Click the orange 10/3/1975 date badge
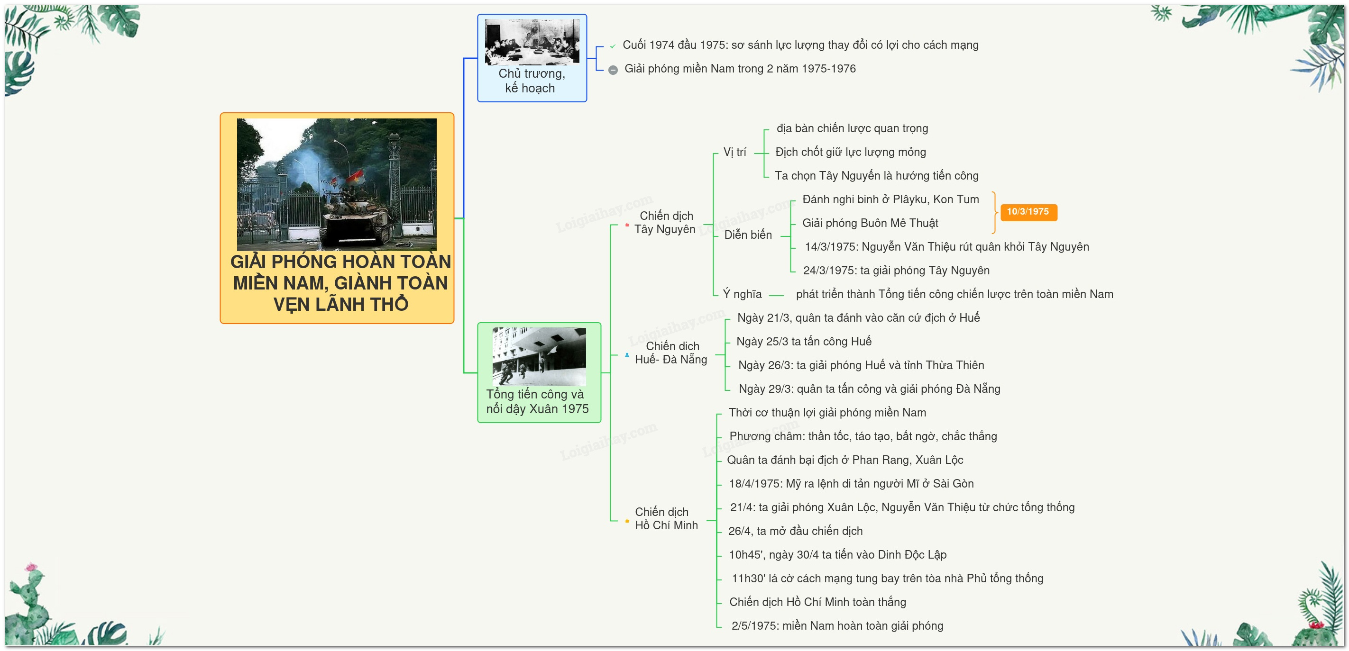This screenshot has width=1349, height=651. click(1028, 212)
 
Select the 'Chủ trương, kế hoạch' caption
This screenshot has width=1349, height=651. click(532, 81)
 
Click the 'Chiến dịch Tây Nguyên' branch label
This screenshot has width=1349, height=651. click(665, 222)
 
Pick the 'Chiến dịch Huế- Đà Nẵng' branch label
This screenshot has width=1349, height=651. click(671, 353)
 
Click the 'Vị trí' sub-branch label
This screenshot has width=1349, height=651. click(735, 152)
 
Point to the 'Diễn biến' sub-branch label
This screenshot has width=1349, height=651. click(748, 235)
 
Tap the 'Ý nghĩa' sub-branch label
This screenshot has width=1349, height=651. click(742, 294)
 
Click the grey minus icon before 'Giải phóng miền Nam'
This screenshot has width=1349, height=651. click(613, 70)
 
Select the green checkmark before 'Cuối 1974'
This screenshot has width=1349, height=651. click(612, 46)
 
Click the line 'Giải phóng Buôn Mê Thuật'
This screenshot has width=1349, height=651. click(870, 224)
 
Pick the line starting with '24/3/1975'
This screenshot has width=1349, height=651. click(896, 271)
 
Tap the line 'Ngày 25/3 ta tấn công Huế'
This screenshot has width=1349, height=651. click(804, 342)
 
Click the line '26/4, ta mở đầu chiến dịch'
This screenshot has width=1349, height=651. click(795, 531)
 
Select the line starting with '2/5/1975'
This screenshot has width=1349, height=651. click(837, 626)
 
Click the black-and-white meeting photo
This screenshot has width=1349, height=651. click(532, 42)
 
